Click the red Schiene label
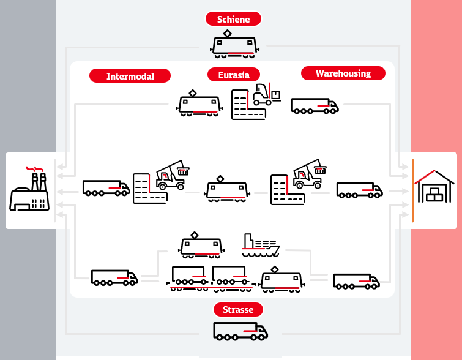pos(233,19)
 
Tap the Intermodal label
pos(130,76)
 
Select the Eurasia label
pos(234,75)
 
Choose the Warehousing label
pos(343,73)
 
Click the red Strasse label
pos(238,310)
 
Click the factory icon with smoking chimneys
pos(29,189)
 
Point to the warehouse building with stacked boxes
pos(434,186)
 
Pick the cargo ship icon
pos(261,246)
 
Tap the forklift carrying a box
pos(267,94)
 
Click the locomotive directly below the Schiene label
pos(234,44)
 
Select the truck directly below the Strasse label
pos(240,331)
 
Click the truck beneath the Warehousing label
pos(315,106)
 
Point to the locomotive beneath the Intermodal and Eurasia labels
pos(199,103)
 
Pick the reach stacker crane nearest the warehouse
pos(310,174)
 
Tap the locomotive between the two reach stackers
pos(227,189)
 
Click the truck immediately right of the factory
pos(106,188)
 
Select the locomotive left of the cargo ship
pos(201,246)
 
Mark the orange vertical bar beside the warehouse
pos(413,190)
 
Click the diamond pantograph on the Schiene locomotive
pos(227,34)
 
